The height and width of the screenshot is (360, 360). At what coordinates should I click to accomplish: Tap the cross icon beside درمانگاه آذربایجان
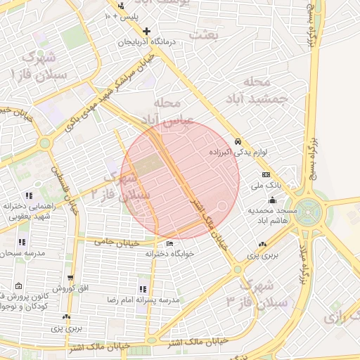coord(146,31)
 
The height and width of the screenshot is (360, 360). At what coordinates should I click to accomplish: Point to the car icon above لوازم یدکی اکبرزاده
coord(238,141)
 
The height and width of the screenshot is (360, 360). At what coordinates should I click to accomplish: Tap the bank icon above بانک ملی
coord(266,174)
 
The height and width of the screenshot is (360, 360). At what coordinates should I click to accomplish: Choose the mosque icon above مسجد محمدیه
coord(272,200)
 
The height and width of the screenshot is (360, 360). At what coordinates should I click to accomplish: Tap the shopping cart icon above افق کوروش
coord(70,278)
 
